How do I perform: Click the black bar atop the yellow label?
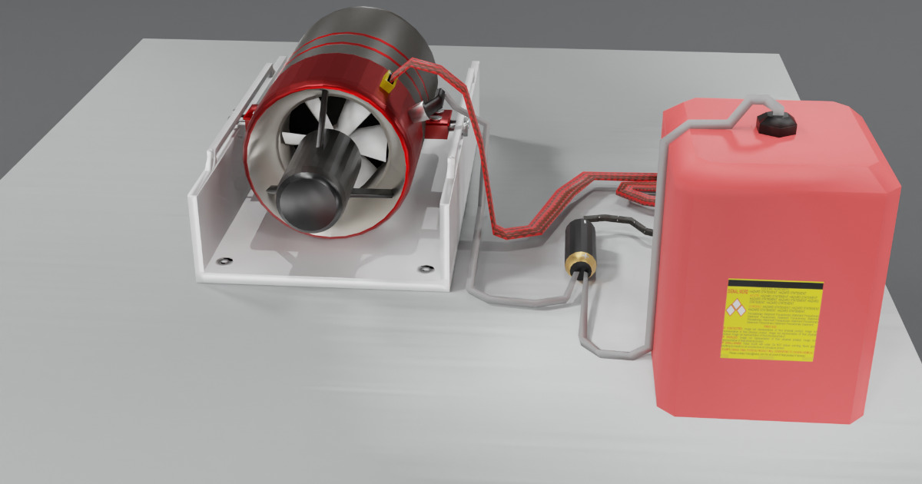(x=774, y=284)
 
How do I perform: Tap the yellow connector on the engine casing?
(x=388, y=82)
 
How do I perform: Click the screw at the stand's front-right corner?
(x=425, y=269)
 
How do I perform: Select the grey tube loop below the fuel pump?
(x=607, y=350)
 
